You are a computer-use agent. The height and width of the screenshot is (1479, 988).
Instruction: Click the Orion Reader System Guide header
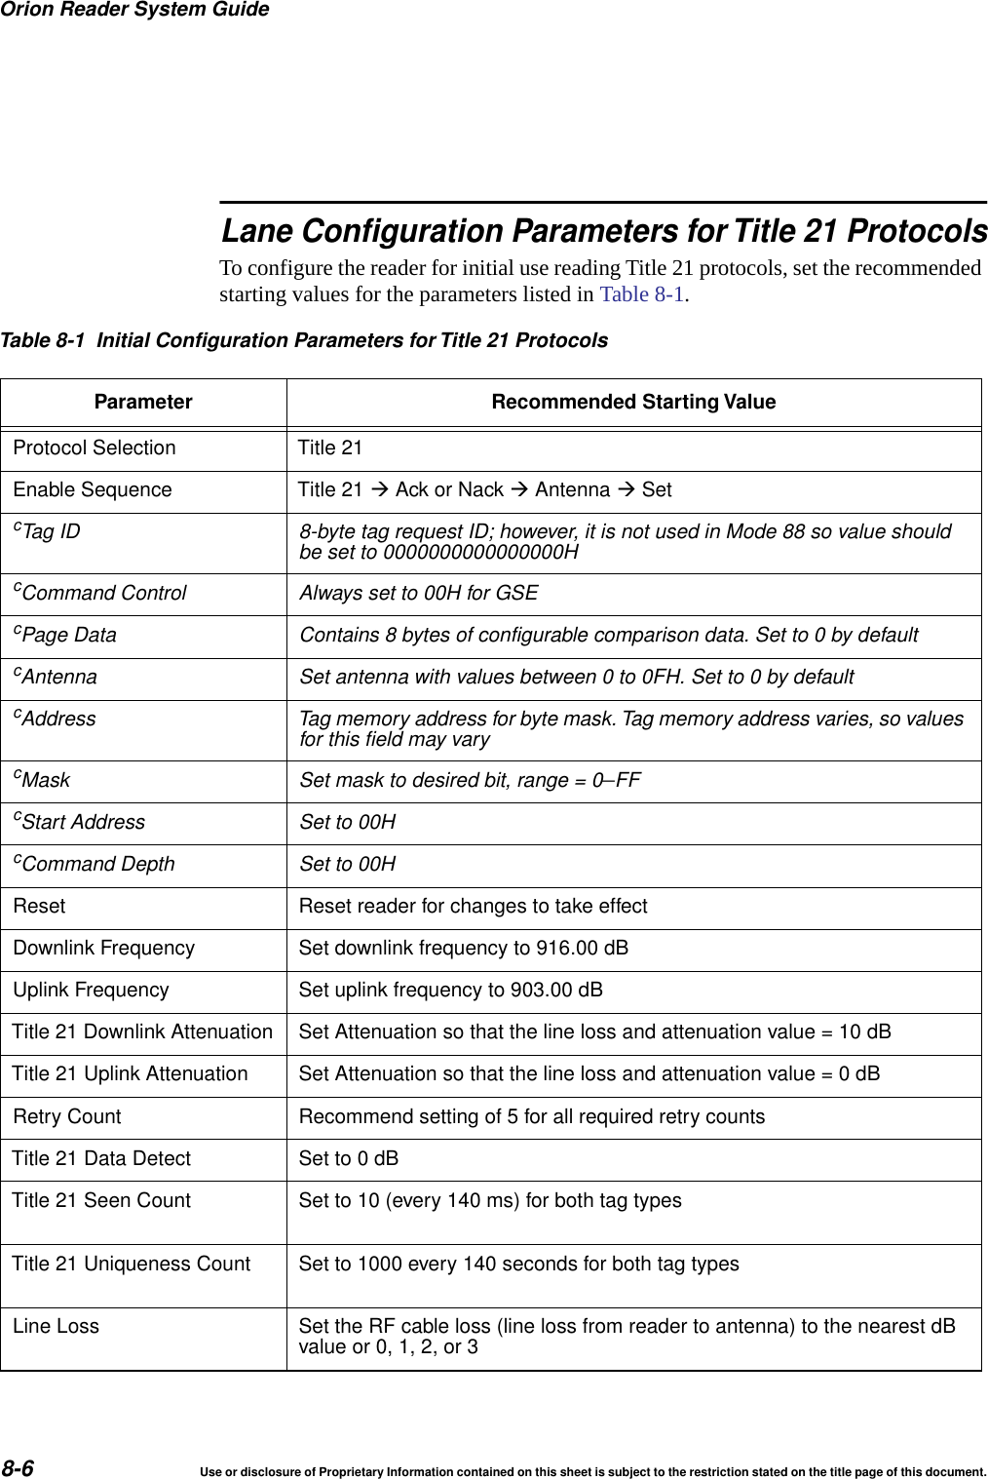134,10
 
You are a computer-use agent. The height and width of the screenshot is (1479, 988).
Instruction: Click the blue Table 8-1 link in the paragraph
642,294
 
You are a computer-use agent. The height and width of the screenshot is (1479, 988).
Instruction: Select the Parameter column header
143,402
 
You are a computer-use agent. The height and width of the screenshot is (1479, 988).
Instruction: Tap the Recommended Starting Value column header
633,402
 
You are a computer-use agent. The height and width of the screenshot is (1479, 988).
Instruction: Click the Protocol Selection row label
95,448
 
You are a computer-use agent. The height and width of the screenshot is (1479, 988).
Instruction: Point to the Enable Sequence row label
93,489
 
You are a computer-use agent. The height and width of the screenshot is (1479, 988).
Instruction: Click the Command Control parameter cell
102,593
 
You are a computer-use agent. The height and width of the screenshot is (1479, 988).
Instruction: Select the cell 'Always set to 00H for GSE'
418,593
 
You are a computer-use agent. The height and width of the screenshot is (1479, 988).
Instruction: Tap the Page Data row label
67,635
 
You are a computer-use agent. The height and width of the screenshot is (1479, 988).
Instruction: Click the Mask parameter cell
45,780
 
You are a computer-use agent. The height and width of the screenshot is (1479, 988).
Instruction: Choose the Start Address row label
82,822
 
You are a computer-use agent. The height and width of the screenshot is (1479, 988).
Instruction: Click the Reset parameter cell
40,906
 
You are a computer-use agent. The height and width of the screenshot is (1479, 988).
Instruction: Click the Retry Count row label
67,1116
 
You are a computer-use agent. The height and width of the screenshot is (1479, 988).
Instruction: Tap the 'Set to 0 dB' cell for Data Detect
348,1158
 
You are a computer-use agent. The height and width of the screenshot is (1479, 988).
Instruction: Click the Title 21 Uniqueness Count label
131,1264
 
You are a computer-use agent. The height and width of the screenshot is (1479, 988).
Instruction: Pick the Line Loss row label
57,1326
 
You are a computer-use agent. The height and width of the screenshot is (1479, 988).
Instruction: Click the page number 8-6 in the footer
18,1468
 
